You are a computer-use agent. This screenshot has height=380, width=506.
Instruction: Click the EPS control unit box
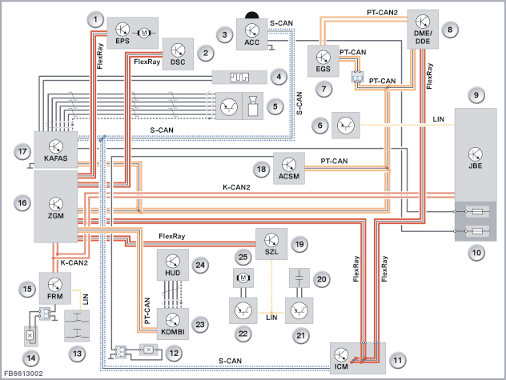[x=132, y=33]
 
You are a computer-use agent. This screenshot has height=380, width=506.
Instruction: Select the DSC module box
[x=178, y=54]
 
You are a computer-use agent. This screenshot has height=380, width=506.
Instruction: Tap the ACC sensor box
[x=252, y=34]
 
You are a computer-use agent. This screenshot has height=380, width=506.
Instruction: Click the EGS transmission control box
[x=323, y=61]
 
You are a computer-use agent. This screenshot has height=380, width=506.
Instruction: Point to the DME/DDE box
[x=423, y=29]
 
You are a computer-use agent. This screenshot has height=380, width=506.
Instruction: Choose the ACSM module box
[x=289, y=168]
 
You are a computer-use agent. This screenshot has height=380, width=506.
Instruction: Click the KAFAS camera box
[x=56, y=150]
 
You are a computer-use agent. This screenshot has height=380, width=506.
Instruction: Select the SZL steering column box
[x=271, y=244]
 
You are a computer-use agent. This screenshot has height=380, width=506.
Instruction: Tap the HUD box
[x=173, y=265]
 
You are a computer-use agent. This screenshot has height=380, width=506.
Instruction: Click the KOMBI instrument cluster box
[x=173, y=324]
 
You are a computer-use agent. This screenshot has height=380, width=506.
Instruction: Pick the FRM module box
[x=55, y=288]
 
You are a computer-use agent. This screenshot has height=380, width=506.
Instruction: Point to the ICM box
[x=358, y=358]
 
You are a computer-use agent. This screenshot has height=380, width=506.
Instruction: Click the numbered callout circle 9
[x=476, y=95]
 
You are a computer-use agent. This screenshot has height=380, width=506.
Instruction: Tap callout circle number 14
[x=31, y=358]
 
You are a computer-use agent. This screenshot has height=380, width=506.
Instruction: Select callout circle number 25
[x=243, y=257]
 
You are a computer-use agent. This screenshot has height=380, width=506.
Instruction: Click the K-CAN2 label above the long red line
[x=236, y=187]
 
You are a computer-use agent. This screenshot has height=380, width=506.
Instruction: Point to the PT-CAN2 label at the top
[x=382, y=12]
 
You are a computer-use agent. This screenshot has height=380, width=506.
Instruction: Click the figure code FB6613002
[x=23, y=374]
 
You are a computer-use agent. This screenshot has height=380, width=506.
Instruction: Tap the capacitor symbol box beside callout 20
[x=299, y=278]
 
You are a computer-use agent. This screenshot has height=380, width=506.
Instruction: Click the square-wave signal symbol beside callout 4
[x=239, y=77]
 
